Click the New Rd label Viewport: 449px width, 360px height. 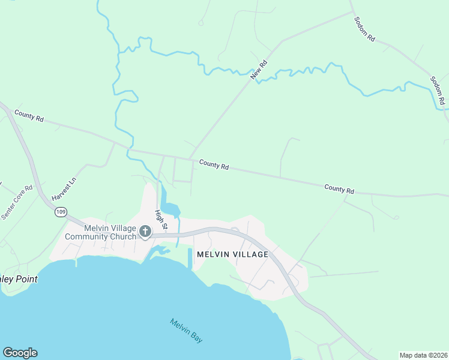click(x=259, y=71)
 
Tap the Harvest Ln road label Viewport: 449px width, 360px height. click(x=65, y=189)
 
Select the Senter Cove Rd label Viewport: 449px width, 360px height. click(x=17, y=202)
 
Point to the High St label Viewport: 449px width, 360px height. click(x=160, y=219)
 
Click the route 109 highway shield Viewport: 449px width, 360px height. click(x=60, y=212)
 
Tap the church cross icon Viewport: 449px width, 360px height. click(x=145, y=231)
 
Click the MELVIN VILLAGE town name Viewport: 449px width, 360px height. click(x=232, y=254)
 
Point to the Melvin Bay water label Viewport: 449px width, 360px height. click(x=185, y=330)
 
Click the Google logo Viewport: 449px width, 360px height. click(x=20, y=353)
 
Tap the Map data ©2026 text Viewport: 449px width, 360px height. click(x=423, y=355)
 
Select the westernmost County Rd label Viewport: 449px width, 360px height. click(x=29, y=116)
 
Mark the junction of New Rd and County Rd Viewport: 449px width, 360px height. click(x=190, y=159)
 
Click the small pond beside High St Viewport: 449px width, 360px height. click(x=170, y=209)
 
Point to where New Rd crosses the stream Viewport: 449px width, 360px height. click(x=255, y=76)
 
